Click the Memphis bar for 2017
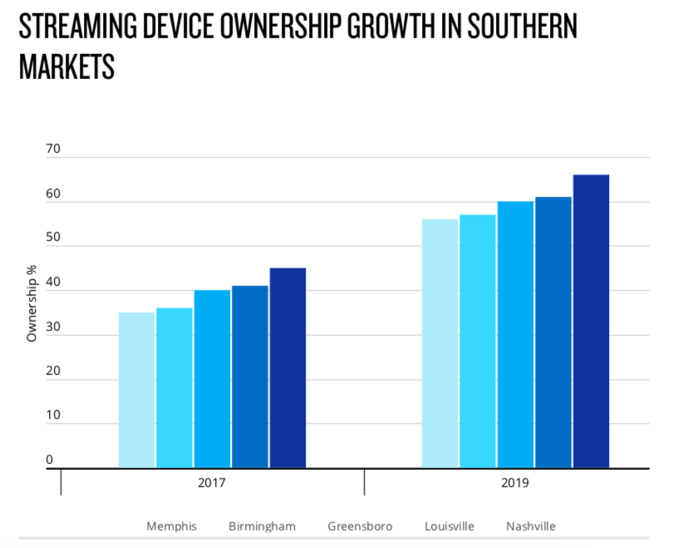(x=137, y=390)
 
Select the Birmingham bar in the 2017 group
(x=174, y=388)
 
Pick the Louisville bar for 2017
(x=250, y=377)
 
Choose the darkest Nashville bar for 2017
(x=287, y=368)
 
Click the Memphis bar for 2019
(x=440, y=343)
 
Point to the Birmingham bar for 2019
(x=478, y=341)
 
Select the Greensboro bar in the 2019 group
(x=515, y=334)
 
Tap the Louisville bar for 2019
(x=553, y=333)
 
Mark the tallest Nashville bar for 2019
(x=591, y=321)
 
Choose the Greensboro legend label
(x=360, y=526)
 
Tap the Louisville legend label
(x=449, y=526)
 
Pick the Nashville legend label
(x=531, y=526)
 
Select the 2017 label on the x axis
(x=213, y=482)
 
